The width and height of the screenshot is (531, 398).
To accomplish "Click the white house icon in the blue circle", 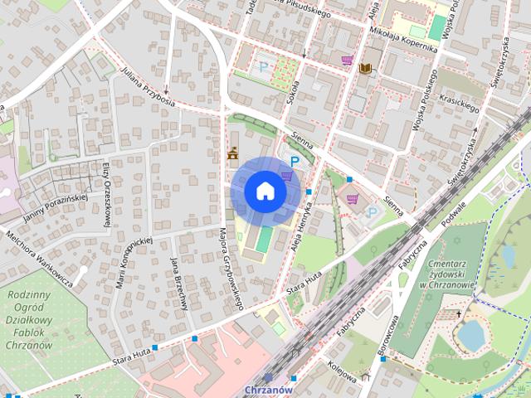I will click(265, 192).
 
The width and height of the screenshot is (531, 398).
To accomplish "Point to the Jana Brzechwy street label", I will click(178, 283).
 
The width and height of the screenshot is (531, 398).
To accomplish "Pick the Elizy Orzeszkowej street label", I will click(107, 193).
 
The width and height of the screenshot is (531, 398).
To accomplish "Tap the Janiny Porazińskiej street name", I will click(49, 204).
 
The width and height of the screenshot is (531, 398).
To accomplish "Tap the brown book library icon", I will click(365, 67).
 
